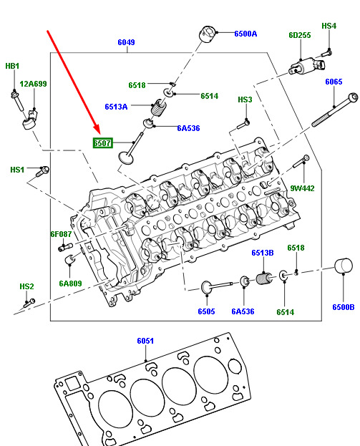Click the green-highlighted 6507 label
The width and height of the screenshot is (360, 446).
(102, 142)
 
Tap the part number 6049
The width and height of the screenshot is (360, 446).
(126, 42)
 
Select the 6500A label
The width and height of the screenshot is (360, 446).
(245, 34)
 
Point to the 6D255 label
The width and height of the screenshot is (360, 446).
(300, 35)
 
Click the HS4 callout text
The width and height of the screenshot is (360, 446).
(329, 26)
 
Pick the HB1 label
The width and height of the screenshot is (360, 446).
(12, 66)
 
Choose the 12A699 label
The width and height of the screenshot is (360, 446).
(33, 84)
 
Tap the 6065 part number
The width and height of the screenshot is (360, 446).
(334, 82)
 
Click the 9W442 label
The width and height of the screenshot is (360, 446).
(302, 188)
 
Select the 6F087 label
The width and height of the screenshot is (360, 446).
(61, 234)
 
